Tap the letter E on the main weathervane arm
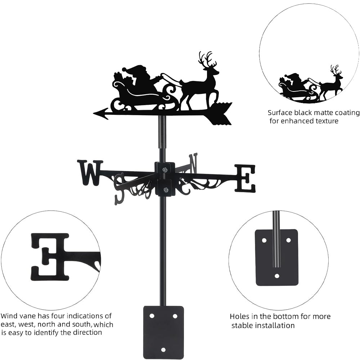[245, 178]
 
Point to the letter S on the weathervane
[119, 187]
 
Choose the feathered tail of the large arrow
[220, 113]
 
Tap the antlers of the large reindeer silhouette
[207, 59]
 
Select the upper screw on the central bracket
[165, 170]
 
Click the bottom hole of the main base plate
[163, 350]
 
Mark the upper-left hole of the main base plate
[152, 316]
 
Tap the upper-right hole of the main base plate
[175, 316]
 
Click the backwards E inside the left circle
[50, 256]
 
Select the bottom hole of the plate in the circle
[276, 276]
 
